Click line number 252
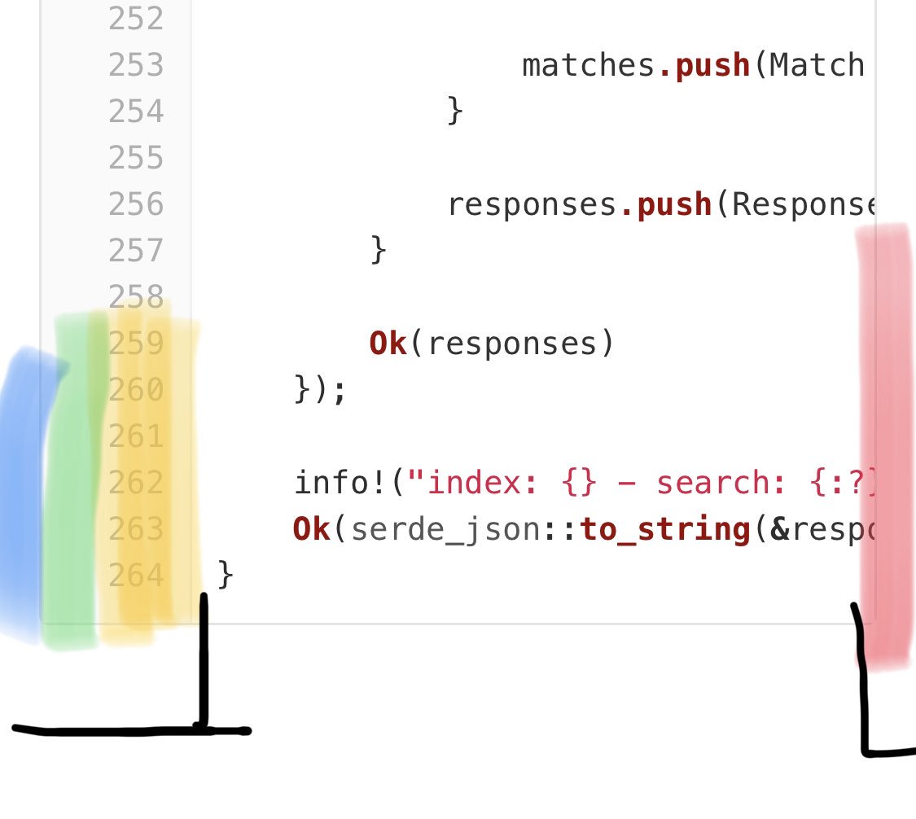point(136,18)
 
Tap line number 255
point(136,157)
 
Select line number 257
point(136,250)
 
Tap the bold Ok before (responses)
point(388,344)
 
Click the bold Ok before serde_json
point(312,529)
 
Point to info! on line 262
point(340,484)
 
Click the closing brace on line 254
point(454,111)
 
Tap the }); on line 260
point(321,390)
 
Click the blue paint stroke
point(20,488)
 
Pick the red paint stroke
point(885,448)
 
